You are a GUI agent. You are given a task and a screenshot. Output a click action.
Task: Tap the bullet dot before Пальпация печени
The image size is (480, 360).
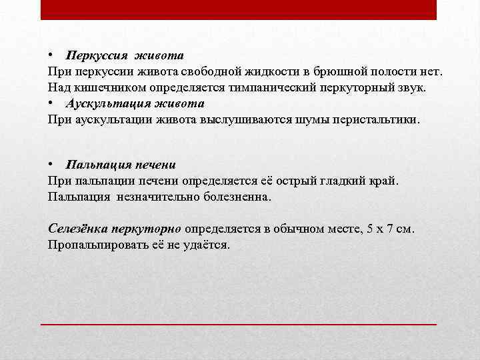click(x=51, y=164)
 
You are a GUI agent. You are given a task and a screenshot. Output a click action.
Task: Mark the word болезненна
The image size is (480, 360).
click(x=233, y=197)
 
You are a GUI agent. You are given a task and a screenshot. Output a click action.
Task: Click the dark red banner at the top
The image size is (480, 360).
click(x=239, y=9)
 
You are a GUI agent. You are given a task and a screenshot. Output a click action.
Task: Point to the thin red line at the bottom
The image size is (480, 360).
click(x=239, y=323)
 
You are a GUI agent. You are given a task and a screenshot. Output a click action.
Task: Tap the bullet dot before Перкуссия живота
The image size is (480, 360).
click(x=51, y=55)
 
